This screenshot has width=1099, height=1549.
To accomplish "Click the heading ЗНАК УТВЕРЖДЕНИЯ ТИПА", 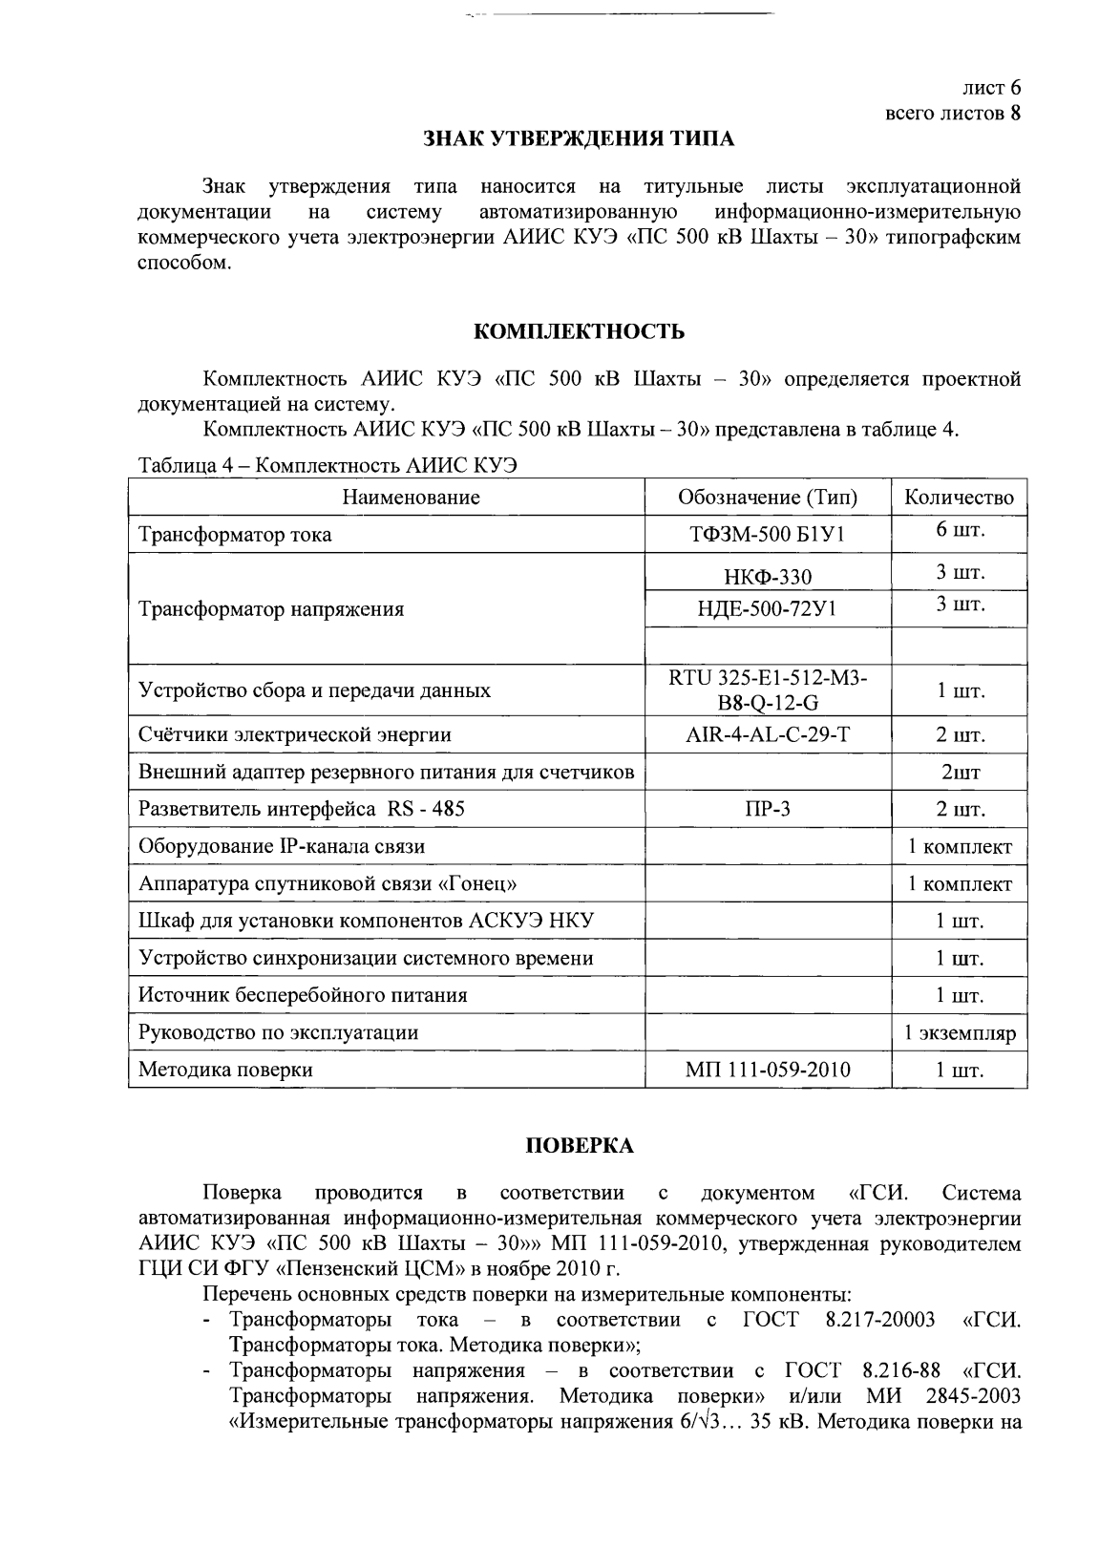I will [579, 139].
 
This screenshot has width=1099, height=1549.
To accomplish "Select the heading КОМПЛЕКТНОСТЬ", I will [580, 331].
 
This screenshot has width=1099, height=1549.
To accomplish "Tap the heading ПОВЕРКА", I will [580, 1146].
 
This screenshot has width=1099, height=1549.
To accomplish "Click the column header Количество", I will [959, 498].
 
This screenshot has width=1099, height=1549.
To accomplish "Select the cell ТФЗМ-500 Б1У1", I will [768, 535].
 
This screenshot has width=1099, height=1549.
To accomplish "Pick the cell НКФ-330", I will [768, 576].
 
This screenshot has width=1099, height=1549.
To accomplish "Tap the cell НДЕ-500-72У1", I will [768, 608].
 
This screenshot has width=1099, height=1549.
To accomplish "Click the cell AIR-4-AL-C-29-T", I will [768, 734].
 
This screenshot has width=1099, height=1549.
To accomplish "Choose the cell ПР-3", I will [768, 809].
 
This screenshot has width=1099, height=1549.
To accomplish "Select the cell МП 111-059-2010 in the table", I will [768, 1070].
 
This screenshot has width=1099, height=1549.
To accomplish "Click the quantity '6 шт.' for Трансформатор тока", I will [959, 531].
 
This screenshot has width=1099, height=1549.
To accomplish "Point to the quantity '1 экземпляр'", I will [959, 1032].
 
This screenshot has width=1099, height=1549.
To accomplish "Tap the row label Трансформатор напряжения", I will [271, 609].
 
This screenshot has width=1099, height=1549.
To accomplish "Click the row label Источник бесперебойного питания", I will [303, 995].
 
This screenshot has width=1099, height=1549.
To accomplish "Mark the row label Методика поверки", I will [225, 1070].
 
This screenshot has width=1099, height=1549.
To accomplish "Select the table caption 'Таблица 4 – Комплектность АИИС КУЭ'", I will [328, 466].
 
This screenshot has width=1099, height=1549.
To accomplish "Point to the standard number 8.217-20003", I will [878, 1321].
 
